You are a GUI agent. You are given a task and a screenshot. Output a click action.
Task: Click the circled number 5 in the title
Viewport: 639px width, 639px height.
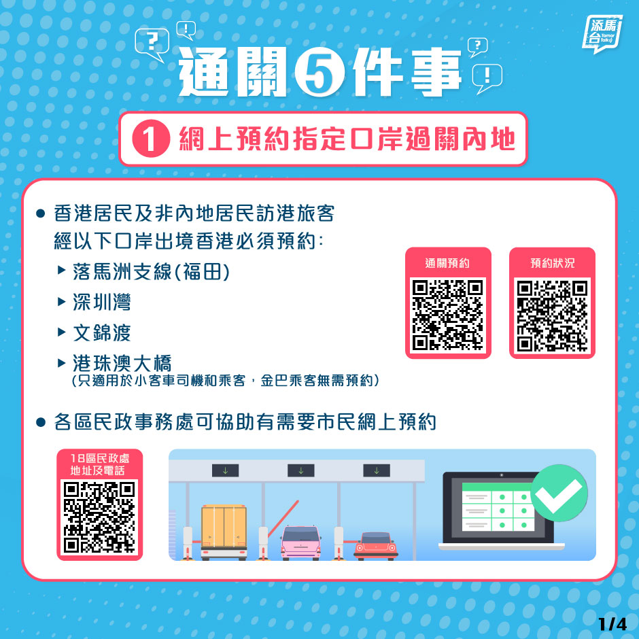pos(319,73)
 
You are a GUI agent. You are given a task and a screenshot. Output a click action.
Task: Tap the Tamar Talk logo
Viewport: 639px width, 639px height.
pos(602,34)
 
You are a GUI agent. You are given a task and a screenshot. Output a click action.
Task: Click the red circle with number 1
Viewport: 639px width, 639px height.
pos(151,139)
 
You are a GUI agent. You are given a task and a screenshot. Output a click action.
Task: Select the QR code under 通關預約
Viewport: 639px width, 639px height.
pos(448,315)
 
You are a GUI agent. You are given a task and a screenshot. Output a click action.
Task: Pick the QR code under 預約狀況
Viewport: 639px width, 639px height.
pos(552,315)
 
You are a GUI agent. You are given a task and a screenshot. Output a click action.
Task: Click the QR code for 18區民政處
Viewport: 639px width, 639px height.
pos(99,517)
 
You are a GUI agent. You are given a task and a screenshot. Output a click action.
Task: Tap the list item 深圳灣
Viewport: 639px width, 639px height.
pos(102,302)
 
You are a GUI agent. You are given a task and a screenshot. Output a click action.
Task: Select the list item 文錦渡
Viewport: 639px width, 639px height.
pos(102,332)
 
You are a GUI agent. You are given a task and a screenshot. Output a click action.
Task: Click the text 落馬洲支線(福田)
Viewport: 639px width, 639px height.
pos(151,271)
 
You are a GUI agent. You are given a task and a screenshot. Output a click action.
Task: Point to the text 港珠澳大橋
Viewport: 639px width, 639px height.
pos(122,363)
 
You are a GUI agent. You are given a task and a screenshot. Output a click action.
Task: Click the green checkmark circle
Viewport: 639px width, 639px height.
pos(559,493)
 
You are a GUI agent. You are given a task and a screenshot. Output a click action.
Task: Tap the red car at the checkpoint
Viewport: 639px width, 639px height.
pos(376,545)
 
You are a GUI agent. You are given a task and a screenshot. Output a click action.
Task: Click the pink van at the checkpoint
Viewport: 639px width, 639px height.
pos(300,542)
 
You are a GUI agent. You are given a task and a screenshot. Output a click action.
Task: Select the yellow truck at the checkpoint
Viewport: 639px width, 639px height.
pos(224,532)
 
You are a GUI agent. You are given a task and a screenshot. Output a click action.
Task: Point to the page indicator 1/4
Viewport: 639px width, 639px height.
pos(612,624)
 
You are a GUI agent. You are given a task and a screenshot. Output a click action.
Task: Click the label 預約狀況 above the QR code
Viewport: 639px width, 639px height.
pos(552,263)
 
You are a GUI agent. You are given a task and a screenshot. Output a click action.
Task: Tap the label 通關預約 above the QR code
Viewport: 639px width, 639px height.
pos(447,263)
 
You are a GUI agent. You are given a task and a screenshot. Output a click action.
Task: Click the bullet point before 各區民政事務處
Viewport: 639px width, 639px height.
pos(40,421)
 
